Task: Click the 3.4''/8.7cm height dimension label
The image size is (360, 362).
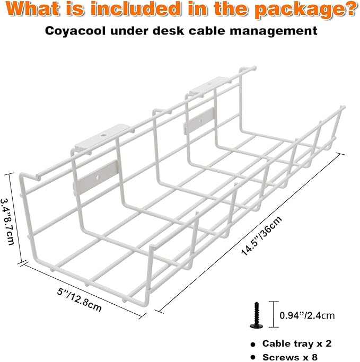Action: tap(10, 219)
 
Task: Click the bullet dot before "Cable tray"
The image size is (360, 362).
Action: tap(253, 343)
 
